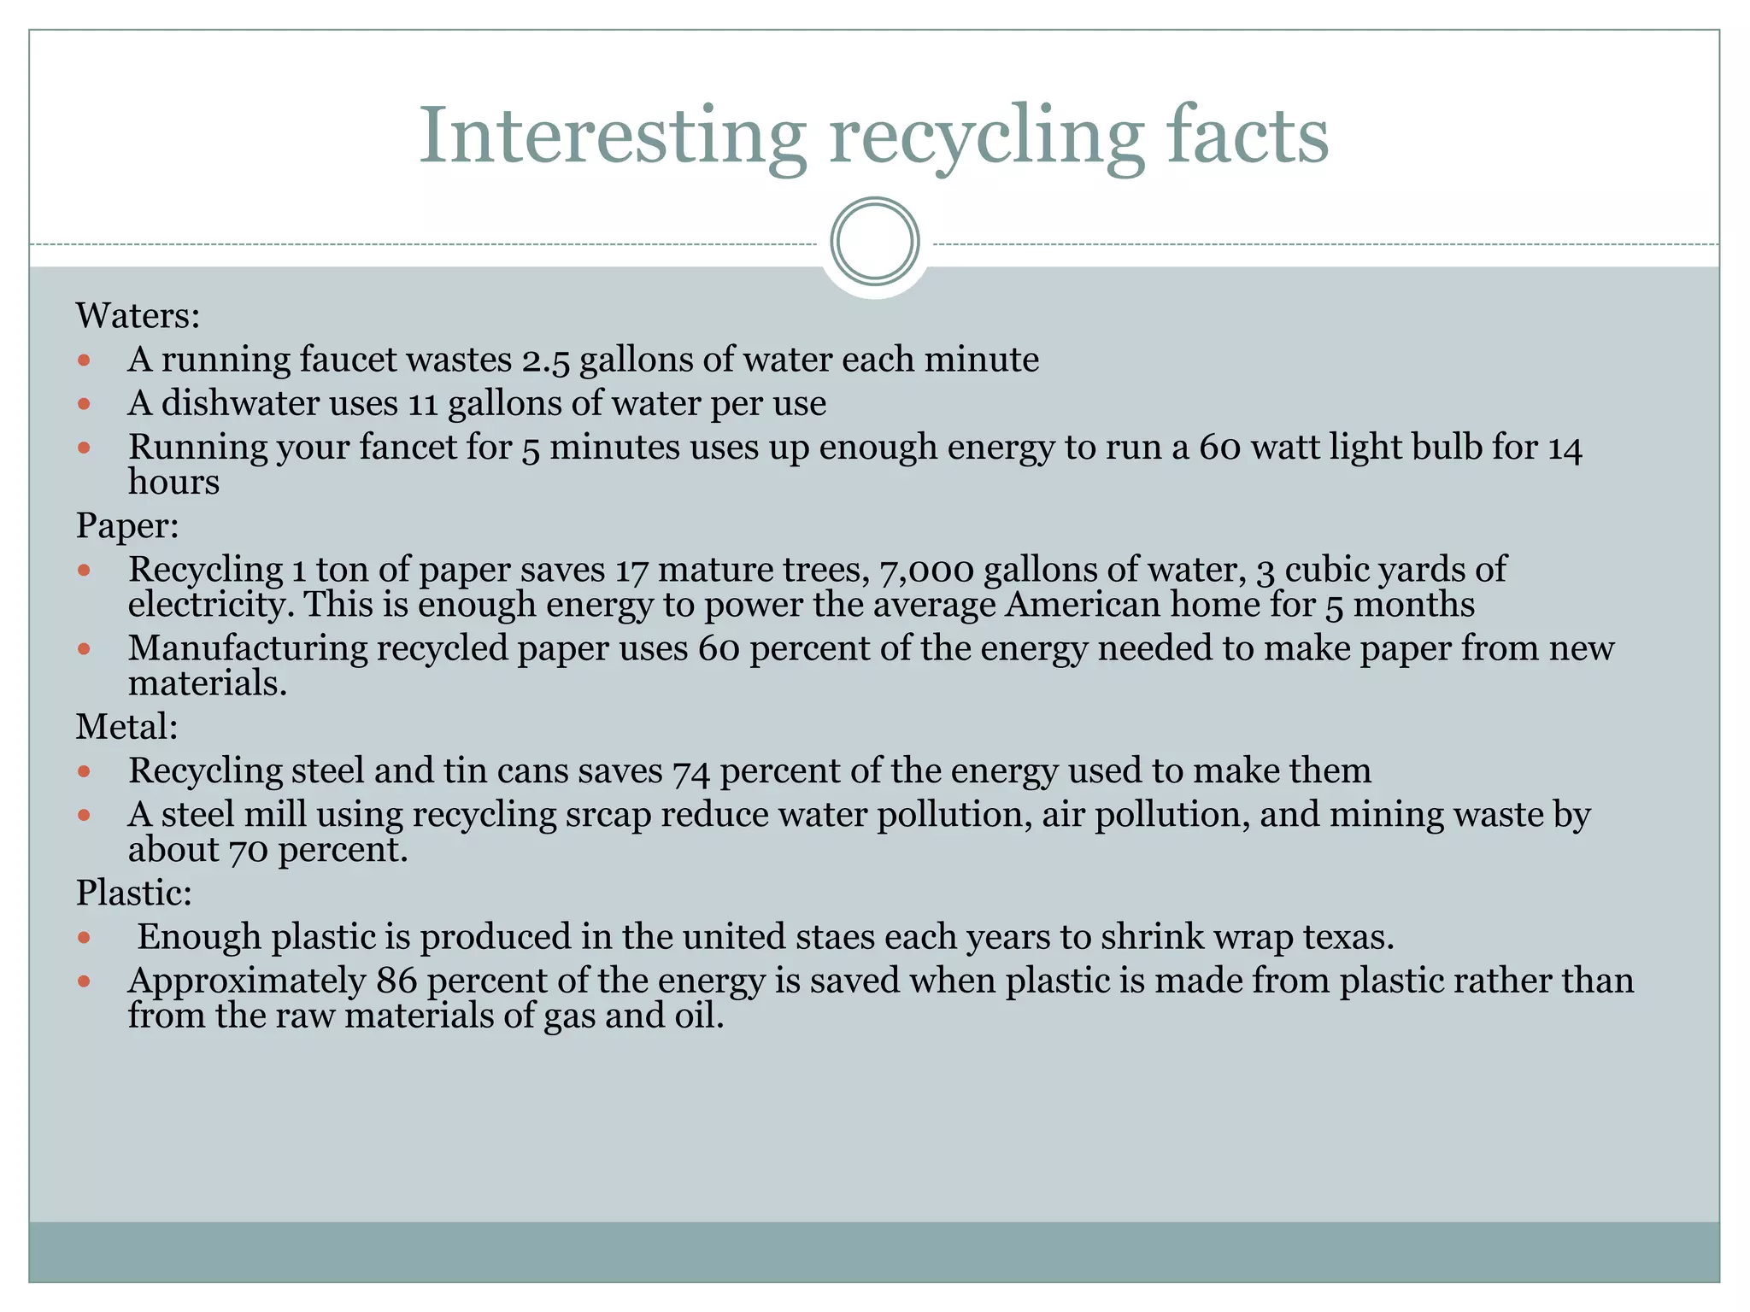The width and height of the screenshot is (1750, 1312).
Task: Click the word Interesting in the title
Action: (612, 137)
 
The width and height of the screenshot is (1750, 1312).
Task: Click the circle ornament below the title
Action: (875, 242)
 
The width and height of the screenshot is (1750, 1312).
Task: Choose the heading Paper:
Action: (127, 525)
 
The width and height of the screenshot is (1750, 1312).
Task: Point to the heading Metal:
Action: (127, 727)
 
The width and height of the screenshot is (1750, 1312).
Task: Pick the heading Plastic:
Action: (134, 893)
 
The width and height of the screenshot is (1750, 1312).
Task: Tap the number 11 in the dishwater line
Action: (423, 404)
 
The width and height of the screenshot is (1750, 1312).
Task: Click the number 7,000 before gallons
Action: (926, 570)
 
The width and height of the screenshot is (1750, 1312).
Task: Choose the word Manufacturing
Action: (248, 648)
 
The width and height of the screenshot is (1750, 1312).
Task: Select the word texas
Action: (1348, 938)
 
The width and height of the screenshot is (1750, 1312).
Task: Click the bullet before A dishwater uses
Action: (84, 404)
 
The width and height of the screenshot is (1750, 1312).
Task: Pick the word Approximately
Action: (247, 981)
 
